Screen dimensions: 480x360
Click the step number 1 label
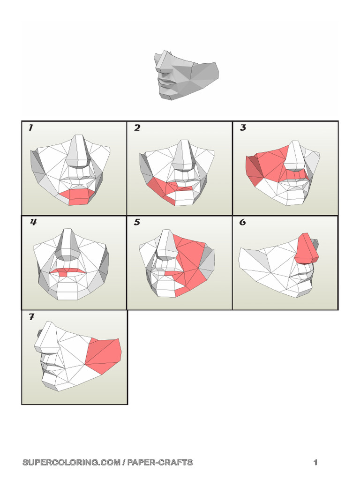(30, 128)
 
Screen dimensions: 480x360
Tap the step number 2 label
(137, 128)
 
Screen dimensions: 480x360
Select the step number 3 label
(243, 128)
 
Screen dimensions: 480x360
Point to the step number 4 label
(33, 223)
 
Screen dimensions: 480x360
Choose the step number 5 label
(137, 223)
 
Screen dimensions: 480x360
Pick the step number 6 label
(242, 223)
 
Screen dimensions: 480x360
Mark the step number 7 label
(31, 317)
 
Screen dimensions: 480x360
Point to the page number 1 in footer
(315, 463)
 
